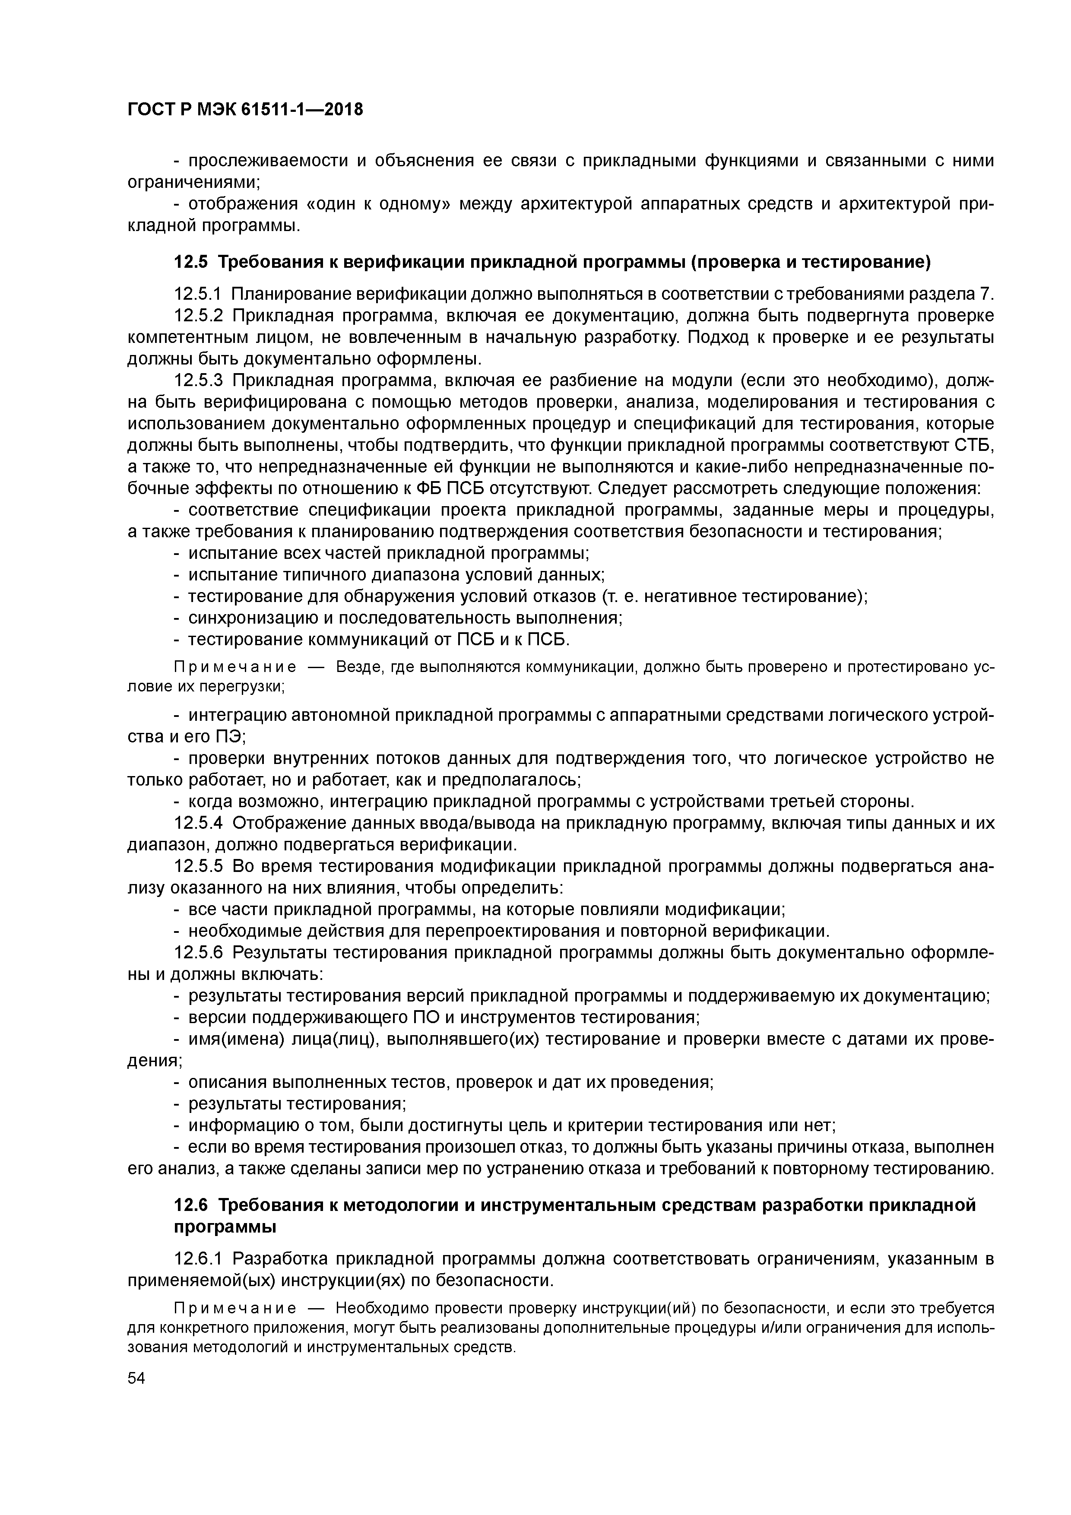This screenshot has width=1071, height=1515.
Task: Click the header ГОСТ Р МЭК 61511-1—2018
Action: tap(245, 110)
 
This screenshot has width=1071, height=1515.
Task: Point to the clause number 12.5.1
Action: tap(199, 294)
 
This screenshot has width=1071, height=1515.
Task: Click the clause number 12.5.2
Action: tap(199, 315)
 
